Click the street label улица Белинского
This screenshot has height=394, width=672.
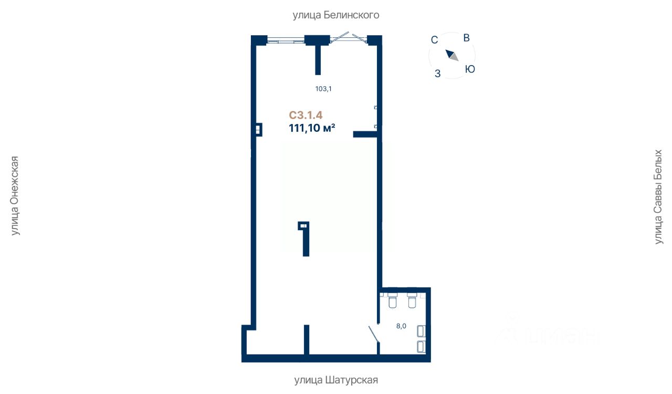(x=335, y=15)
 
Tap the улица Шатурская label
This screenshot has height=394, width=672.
(x=335, y=380)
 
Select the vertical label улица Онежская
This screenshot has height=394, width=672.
(x=15, y=196)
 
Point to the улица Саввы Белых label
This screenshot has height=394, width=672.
(x=658, y=196)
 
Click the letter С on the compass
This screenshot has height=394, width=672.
(x=434, y=39)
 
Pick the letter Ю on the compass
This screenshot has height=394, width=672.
(x=470, y=69)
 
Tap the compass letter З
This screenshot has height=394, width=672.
(x=438, y=74)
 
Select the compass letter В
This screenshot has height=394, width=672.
(x=467, y=38)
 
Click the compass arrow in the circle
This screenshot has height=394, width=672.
(x=452, y=55)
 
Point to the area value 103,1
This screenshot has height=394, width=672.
(x=323, y=89)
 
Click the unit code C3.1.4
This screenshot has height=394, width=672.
(x=306, y=115)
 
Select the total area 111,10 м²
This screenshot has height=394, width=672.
(x=312, y=128)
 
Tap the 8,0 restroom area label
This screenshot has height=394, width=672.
(x=401, y=326)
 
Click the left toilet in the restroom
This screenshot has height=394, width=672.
(x=392, y=302)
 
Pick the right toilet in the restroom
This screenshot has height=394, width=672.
(x=412, y=302)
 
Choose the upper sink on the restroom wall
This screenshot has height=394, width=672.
(x=421, y=331)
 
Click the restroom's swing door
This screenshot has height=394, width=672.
(x=374, y=334)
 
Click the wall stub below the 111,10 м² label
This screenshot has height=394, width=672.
(x=365, y=134)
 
